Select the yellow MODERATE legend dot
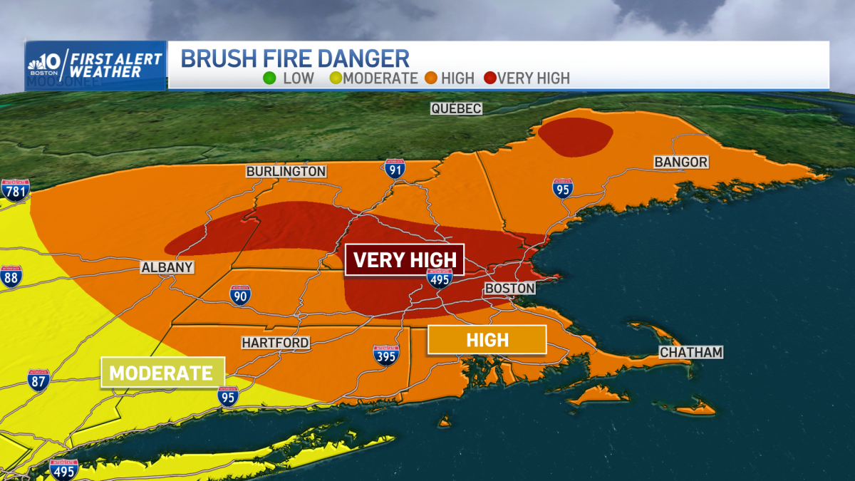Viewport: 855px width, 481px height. [335, 78]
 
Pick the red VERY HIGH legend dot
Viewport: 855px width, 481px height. [490, 78]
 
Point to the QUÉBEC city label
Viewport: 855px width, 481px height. [456, 108]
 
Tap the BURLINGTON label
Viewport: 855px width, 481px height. [286, 171]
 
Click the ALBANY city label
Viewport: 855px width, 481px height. [167, 267]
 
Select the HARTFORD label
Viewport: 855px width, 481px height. [275, 343]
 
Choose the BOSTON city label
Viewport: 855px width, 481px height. [509, 288]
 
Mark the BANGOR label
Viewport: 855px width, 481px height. [681, 162]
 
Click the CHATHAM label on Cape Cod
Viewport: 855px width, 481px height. [691, 352]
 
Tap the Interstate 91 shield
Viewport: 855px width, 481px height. [394, 169]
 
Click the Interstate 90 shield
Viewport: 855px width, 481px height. [240, 296]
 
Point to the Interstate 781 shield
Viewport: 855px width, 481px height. [15, 190]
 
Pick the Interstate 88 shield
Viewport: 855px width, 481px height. [11, 276]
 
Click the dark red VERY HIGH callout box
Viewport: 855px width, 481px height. [405, 259]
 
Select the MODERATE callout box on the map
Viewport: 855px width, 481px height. [162, 372]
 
